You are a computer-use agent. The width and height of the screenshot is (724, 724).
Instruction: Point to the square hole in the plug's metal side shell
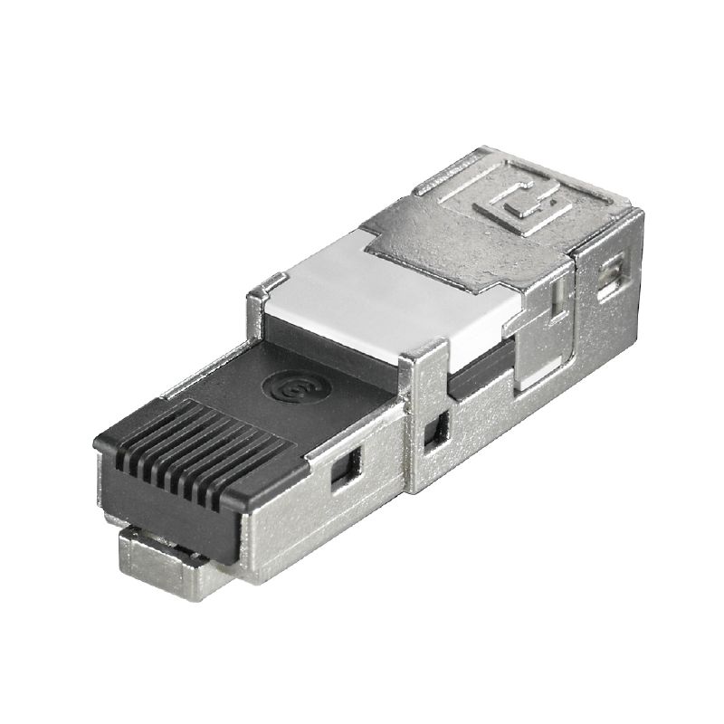[344, 470]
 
